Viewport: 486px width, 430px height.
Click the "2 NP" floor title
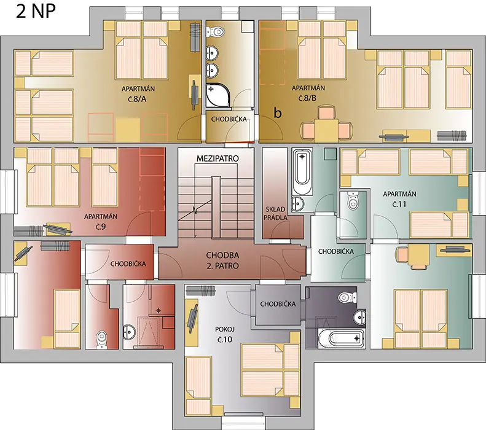point(36,12)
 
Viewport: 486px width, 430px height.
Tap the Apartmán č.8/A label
point(138,94)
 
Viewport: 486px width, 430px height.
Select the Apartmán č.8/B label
point(308,93)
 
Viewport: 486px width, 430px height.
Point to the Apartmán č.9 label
point(101,221)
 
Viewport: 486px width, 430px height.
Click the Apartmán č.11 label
point(399,199)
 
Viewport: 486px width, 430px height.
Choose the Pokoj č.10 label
point(224,334)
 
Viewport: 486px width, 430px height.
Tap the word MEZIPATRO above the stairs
point(218,158)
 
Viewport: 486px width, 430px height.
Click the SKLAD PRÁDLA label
point(275,213)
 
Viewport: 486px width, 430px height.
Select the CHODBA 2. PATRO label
point(222,260)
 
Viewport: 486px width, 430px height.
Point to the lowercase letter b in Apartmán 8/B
point(278,113)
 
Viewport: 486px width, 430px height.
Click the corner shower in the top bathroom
point(218,95)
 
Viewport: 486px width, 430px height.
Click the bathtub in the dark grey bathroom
point(341,338)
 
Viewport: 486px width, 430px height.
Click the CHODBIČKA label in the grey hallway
point(278,304)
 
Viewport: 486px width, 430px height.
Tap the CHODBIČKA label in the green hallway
point(336,251)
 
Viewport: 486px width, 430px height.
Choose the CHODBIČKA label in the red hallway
point(128,264)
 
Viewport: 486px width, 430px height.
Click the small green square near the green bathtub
point(331,154)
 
